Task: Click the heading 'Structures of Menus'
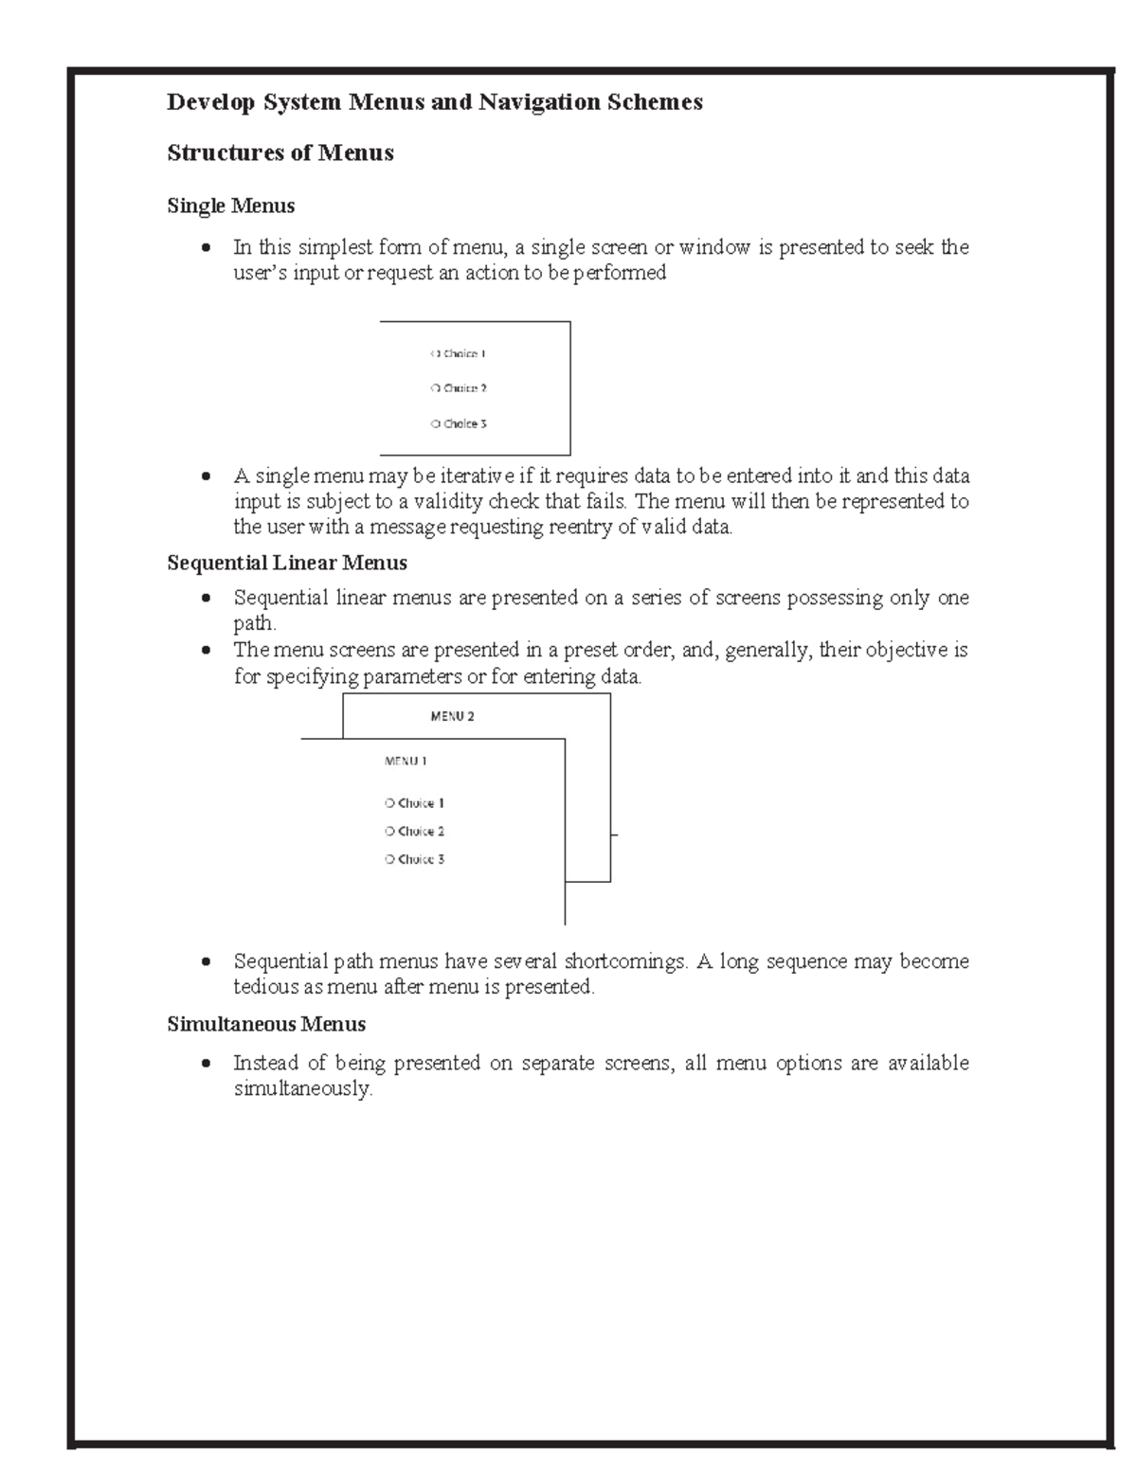click(x=280, y=153)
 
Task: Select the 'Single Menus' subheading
click(x=230, y=206)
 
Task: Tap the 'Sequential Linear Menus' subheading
click(x=286, y=563)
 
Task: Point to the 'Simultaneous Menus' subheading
click(x=266, y=1024)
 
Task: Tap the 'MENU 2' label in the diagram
click(x=452, y=717)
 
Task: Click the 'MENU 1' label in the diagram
click(x=406, y=761)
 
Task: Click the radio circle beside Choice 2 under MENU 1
click(x=389, y=832)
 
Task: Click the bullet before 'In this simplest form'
click(x=206, y=248)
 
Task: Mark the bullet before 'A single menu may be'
click(x=206, y=476)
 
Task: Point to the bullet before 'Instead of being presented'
click(x=206, y=1064)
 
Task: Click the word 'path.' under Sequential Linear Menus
click(x=255, y=624)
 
